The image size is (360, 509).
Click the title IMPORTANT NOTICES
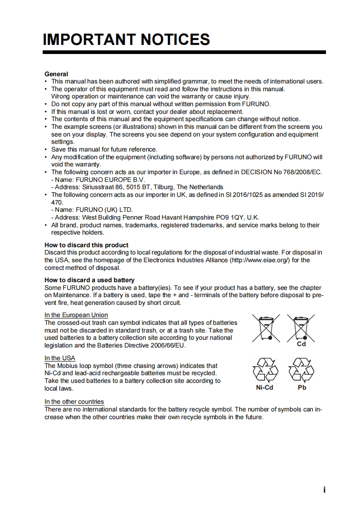[x=126, y=39]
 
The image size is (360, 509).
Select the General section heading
[x=56, y=74]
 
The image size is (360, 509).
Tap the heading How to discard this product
[x=86, y=245]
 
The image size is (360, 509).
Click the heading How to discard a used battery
[x=89, y=280]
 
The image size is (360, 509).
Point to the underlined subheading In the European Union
[x=76, y=315]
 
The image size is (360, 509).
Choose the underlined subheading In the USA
[x=59, y=358]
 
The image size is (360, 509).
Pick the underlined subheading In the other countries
[x=74, y=401]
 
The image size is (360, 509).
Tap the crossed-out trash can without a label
[x=266, y=327]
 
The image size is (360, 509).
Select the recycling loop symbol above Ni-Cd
[x=266, y=370]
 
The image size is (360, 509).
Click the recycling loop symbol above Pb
[x=301, y=370]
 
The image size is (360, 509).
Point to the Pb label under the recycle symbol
[x=302, y=388]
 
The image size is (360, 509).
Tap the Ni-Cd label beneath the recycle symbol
[x=264, y=388]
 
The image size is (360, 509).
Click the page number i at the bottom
[x=324, y=489]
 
